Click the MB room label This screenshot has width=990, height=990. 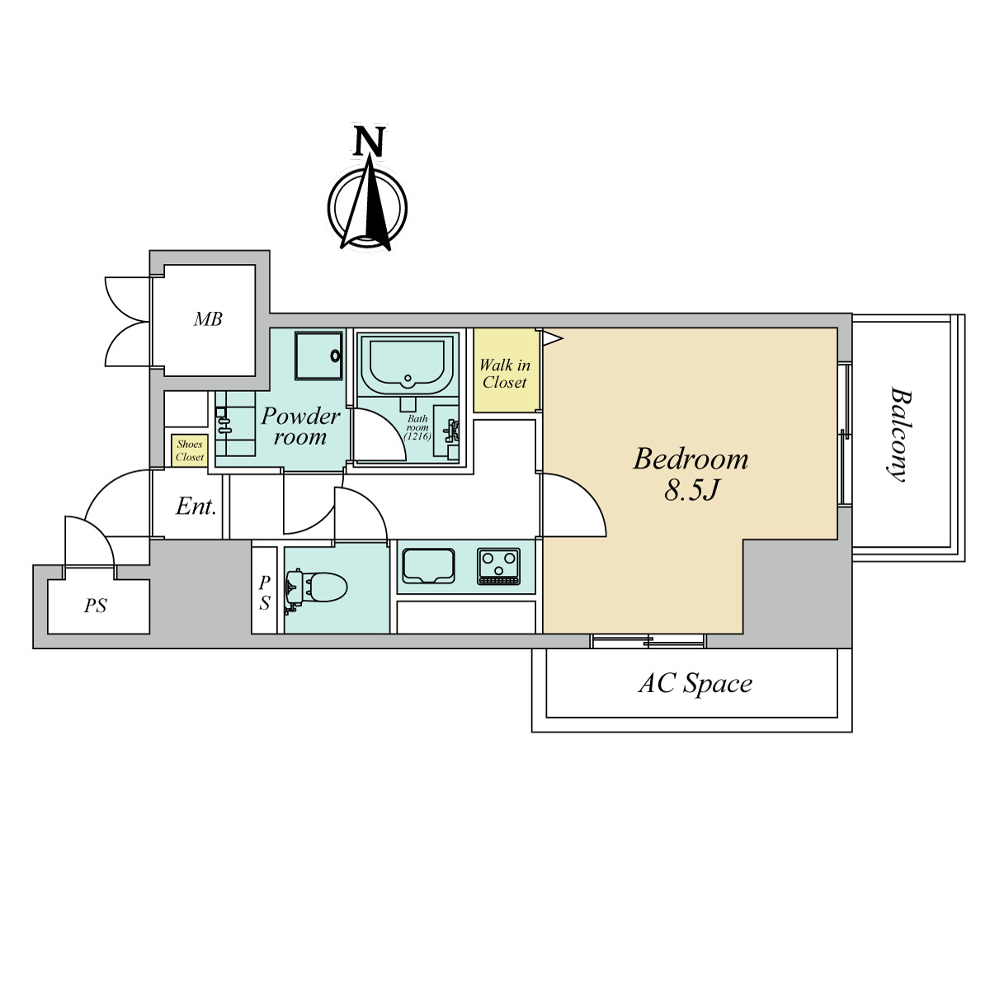pos(208,319)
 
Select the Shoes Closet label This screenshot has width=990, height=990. pos(190,450)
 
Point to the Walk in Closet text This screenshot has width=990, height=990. pos(505,374)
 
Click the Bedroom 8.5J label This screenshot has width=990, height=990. pos(691,474)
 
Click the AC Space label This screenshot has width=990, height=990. pos(695,684)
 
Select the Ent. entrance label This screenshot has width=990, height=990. pos(196,507)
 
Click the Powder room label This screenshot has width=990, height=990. pos(300,427)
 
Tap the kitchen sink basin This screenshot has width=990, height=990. pos(428,566)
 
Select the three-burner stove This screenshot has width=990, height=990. pos(499,566)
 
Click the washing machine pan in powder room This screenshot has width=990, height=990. pos(318,356)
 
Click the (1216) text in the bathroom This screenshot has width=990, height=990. pos(417,436)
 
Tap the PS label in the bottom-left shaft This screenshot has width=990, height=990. pos(96,606)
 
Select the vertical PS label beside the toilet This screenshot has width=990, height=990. pos(265,593)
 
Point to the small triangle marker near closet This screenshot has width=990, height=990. pos(553,338)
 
